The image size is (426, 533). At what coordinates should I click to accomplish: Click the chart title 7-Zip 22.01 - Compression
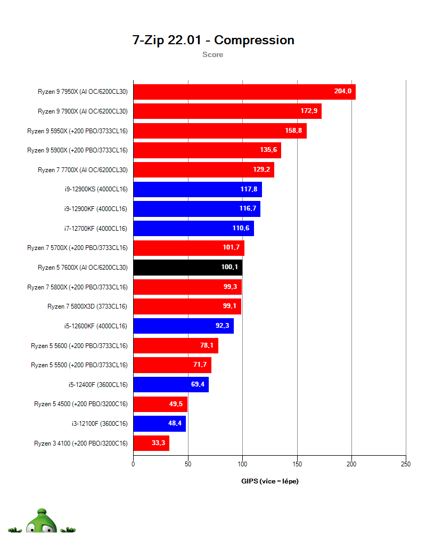point(213,40)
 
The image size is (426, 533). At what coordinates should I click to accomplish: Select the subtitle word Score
point(212,54)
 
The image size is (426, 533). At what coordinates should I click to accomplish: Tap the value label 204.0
point(342,91)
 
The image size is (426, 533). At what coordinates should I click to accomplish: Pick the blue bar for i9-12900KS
point(197,189)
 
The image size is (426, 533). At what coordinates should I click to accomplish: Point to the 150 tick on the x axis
point(297,464)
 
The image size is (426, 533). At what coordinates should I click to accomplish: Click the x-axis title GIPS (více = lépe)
point(269,481)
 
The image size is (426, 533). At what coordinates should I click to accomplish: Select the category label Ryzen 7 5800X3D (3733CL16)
point(87,306)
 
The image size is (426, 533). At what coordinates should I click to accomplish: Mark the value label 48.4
point(175,424)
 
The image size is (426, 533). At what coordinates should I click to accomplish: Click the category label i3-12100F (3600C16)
point(100,424)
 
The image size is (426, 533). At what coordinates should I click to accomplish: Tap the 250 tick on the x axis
point(405,464)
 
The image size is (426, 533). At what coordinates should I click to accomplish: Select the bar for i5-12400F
point(170,384)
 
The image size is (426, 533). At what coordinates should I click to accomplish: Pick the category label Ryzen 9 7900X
point(83,111)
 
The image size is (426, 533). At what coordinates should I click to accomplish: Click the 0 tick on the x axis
point(133,464)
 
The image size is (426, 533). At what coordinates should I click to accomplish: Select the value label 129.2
point(261,169)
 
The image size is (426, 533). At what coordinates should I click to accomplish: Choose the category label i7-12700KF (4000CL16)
point(95,228)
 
